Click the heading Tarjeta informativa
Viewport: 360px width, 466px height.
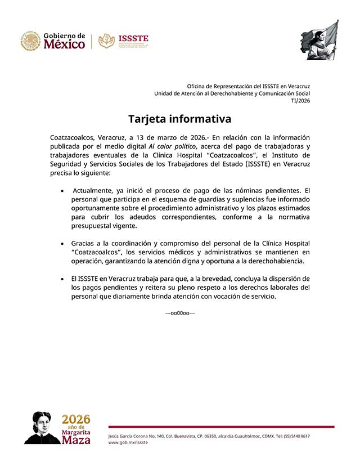point(179,119)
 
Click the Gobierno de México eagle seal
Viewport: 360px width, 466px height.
point(30,41)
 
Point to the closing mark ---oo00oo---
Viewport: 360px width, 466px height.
point(179,312)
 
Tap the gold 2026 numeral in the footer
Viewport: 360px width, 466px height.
point(75,419)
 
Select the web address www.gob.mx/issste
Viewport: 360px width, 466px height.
point(128,442)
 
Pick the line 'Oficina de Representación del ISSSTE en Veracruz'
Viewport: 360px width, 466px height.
point(248,85)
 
